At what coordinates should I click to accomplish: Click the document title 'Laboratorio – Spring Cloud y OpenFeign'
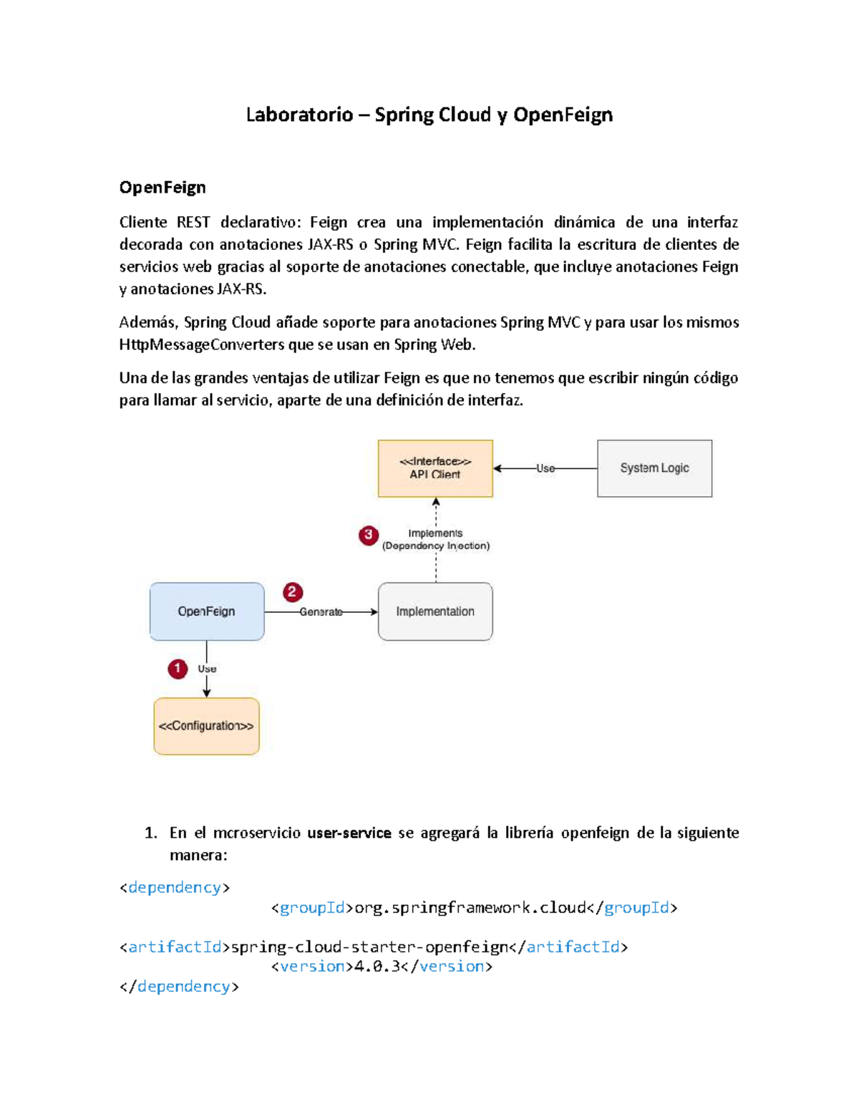429,115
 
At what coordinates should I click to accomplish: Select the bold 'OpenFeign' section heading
162,188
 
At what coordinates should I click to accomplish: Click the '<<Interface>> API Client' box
435,468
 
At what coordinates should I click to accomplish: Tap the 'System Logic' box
654,468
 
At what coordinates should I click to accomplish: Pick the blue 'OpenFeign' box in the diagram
206,611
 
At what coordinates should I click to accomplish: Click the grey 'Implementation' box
435,611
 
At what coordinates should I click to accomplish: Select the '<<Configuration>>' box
206,726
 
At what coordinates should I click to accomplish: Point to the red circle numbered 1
178,669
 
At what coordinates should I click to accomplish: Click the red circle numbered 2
292,592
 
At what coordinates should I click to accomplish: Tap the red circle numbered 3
369,535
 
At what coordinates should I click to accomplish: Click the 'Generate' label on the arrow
321,612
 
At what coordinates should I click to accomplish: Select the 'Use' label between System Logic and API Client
545,468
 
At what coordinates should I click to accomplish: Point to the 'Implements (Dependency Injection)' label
435,540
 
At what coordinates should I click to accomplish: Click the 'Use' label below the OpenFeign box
207,669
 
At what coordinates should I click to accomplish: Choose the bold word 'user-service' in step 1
349,833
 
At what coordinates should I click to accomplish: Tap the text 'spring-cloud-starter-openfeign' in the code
369,947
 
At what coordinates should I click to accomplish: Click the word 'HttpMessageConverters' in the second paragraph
202,345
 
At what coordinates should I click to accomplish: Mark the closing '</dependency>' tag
179,987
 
